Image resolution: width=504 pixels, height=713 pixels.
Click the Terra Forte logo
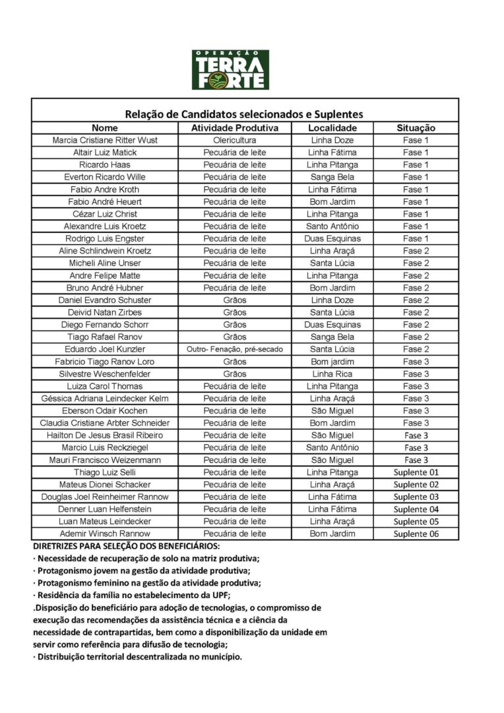tap(230, 69)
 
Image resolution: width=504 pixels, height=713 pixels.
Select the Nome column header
tap(105, 128)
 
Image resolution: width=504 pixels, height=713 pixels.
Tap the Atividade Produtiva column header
tap(235, 128)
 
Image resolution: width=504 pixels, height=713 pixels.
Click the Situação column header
tap(416, 128)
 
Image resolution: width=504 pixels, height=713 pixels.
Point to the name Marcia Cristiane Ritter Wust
tap(105, 141)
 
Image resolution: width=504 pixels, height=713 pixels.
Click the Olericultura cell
tap(235, 141)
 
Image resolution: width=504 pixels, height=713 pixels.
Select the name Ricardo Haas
tap(105, 165)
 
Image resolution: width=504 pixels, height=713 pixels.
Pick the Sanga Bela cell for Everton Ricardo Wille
tap(332, 177)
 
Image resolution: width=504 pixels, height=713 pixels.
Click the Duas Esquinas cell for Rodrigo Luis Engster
tap(332, 238)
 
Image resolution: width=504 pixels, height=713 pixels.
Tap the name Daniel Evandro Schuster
tap(105, 300)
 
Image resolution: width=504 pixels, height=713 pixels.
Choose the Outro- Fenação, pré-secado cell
tap(235, 349)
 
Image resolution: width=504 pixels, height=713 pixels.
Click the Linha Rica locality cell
tap(332, 374)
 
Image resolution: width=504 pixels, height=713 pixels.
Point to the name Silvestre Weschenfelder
tap(105, 374)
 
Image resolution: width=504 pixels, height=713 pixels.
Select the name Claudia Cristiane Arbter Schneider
tap(105, 423)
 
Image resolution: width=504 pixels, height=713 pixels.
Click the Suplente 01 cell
tap(416, 472)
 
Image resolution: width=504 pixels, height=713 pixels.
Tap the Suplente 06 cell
tap(416, 534)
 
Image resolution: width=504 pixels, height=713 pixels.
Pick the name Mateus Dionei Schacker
tap(105, 485)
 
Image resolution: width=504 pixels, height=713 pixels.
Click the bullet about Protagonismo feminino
tap(146, 583)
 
